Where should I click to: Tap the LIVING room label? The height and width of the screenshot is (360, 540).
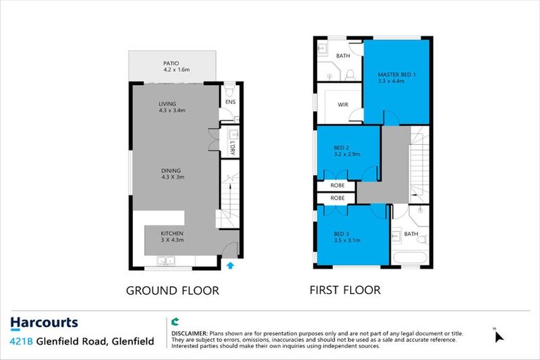(168, 104)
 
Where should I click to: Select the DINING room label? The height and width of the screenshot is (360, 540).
(171, 170)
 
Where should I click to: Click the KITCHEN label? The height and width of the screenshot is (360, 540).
(172, 233)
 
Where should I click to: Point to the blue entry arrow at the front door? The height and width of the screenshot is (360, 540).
(231, 265)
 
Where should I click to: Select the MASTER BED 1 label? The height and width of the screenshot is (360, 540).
(397, 75)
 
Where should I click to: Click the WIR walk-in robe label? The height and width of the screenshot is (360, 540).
(343, 104)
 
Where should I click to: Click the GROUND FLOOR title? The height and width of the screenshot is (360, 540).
(172, 290)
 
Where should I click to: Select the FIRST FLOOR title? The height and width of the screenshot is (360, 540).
(345, 290)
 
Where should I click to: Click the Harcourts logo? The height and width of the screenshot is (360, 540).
(44, 323)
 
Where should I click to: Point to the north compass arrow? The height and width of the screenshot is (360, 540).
(499, 335)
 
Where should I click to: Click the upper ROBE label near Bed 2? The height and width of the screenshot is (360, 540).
(337, 185)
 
